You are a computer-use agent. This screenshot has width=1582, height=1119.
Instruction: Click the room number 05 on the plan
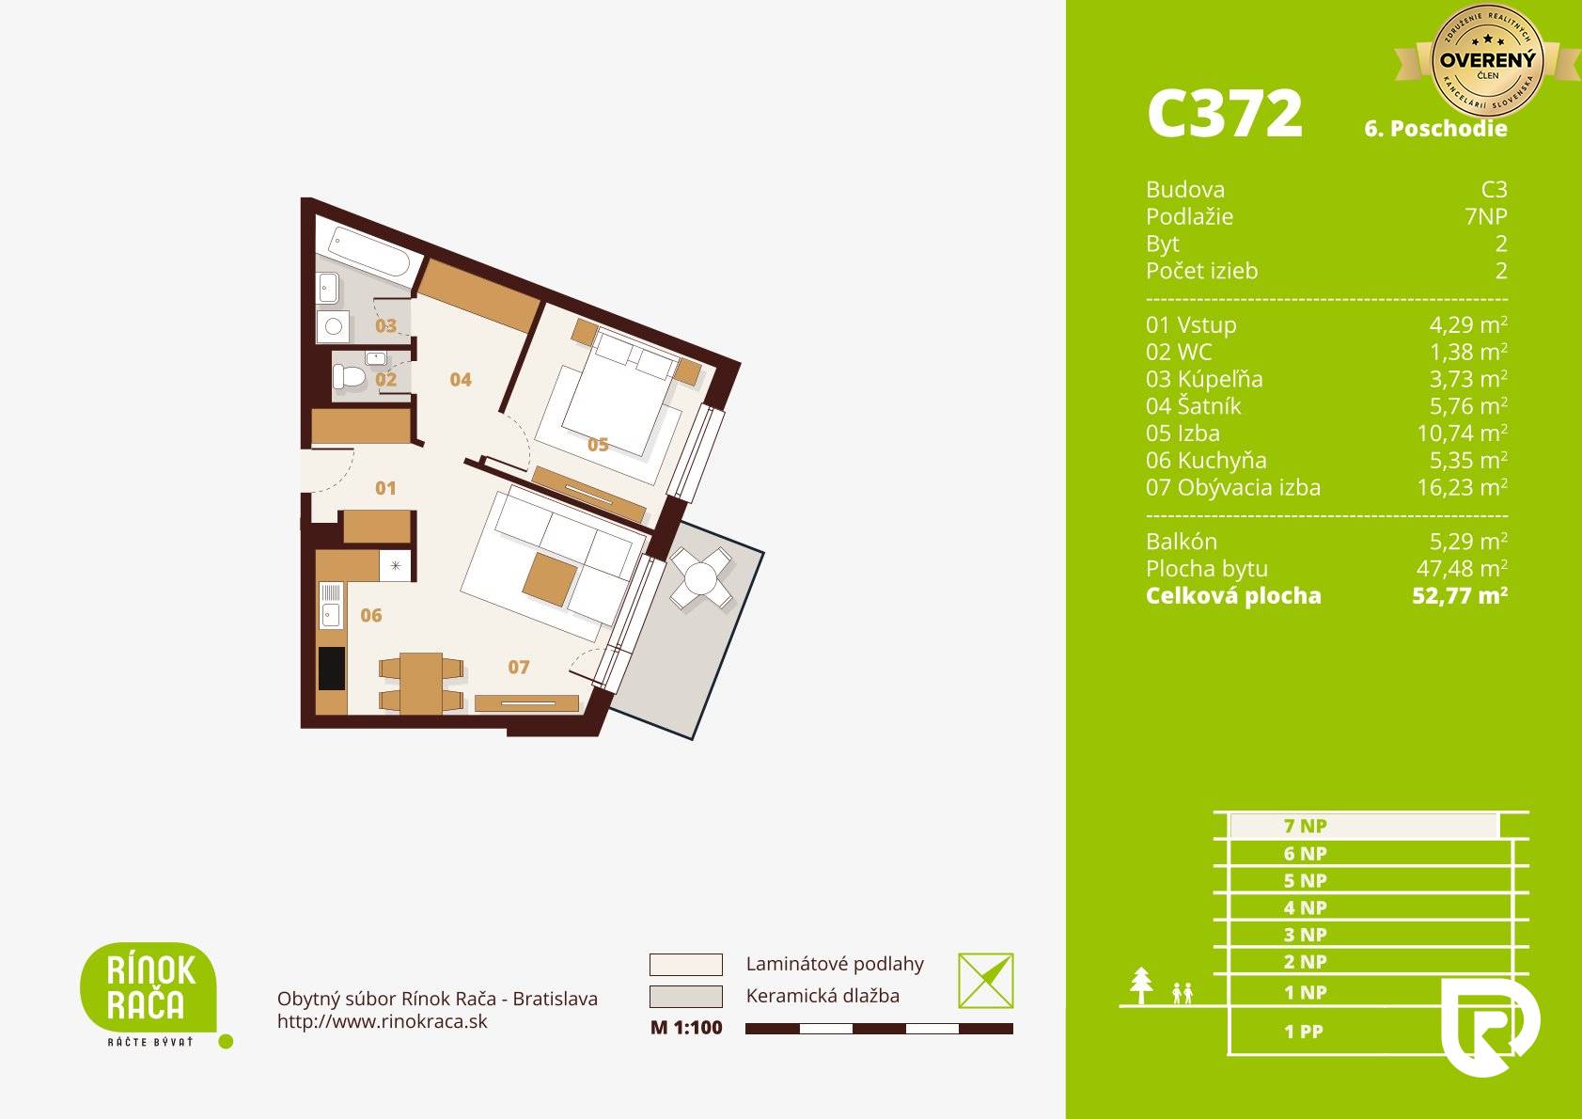598,445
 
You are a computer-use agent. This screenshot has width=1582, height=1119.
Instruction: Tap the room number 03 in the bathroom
385,325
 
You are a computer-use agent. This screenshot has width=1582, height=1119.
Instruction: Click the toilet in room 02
349,376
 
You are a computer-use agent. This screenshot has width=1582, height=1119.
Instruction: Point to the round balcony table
700,578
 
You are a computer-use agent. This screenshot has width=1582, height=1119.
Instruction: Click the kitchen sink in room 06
331,605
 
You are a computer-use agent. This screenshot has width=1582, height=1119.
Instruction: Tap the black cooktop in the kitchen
331,669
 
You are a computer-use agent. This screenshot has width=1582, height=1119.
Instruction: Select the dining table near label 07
421,683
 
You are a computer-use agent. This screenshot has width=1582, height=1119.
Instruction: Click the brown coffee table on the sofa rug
550,579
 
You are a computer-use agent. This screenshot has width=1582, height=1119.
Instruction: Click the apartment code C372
1225,114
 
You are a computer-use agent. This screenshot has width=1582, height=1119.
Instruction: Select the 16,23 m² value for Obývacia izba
1462,487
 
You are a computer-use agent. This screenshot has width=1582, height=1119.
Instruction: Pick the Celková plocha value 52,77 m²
1459,595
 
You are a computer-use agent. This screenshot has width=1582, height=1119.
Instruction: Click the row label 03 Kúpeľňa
1204,379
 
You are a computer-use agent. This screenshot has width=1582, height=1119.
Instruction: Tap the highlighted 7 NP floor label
1305,826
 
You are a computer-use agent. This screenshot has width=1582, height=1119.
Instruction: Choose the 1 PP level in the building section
1304,1032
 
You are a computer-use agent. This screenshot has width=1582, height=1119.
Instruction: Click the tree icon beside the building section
1141,985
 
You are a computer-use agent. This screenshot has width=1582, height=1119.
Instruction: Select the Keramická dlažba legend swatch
686,996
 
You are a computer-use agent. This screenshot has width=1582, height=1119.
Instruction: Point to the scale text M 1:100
686,1028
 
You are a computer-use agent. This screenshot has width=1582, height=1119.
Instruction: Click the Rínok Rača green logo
149,989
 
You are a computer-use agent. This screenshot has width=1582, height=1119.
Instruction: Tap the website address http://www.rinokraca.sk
382,1021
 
